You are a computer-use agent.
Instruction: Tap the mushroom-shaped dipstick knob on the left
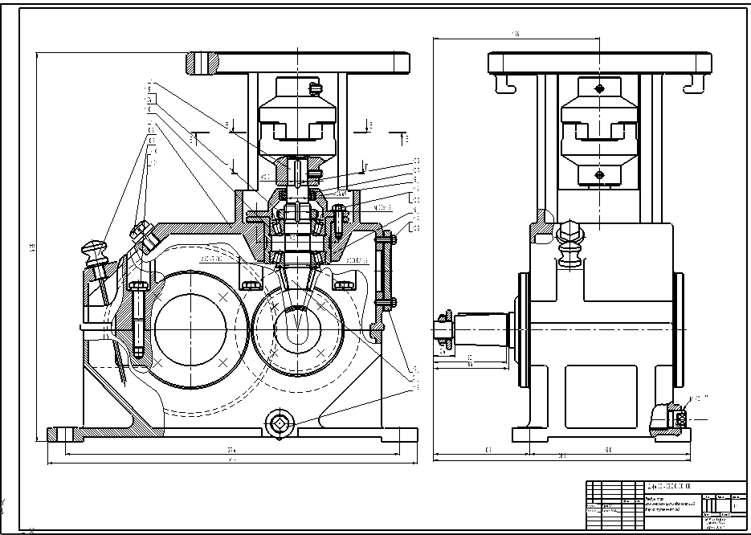(94, 247)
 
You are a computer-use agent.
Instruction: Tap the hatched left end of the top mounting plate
(202, 62)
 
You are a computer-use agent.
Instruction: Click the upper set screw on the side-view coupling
(598, 88)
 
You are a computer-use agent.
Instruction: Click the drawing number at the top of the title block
(668, 487)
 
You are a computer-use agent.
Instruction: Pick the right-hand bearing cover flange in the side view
(680, 329)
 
